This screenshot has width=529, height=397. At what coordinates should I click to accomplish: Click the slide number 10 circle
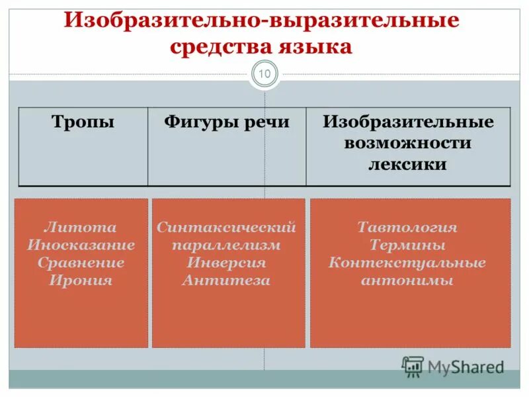(264, 74)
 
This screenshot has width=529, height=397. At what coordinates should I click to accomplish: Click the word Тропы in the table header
(83, 122)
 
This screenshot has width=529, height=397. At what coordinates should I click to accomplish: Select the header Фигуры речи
(226, 122)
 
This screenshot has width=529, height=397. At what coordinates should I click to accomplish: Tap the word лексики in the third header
(407, 164)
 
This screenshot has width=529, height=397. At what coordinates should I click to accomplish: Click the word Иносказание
(81, 245)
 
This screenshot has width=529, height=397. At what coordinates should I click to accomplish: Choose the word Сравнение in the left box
(81, 263)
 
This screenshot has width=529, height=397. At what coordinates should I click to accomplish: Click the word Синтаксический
(226, 228)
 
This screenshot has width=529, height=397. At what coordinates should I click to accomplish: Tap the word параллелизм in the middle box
(226, 245)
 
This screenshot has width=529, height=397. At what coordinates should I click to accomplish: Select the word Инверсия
(226, 263)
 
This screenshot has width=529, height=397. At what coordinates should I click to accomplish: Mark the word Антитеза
(226, 280)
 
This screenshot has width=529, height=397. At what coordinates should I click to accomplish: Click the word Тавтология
(407, 228)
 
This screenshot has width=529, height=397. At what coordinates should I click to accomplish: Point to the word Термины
(407, 245)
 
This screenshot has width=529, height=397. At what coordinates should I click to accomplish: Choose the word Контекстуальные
(407, 263)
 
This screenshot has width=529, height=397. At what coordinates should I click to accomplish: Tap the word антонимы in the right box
(407, 280)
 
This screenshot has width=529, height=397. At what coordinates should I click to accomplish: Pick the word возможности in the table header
(407, 143)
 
